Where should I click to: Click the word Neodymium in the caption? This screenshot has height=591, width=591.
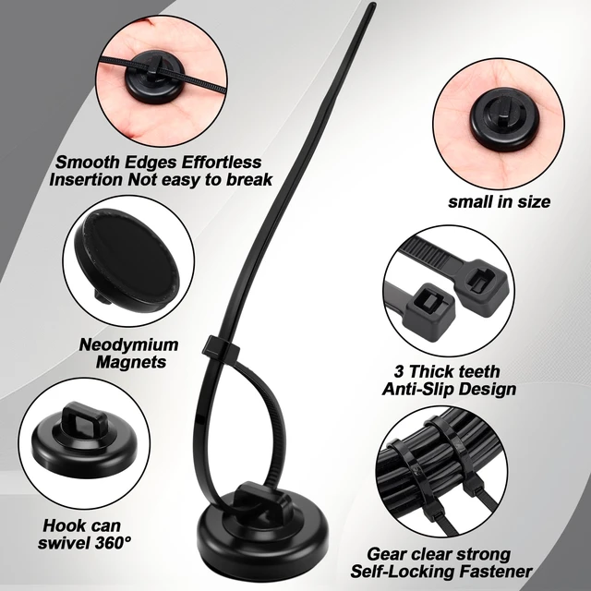(x=128, y=344)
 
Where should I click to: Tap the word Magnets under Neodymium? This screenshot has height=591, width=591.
(x=131, y=362)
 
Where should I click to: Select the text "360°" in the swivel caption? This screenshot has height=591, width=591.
(x=113, y=543)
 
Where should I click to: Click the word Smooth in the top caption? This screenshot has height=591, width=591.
(x=87, y=163)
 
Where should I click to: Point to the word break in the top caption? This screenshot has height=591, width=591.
(x=249, y=179)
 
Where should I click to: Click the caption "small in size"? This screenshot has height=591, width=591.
(x=499, y=201)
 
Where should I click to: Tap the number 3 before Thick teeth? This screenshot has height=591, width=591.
(x=399, y=371)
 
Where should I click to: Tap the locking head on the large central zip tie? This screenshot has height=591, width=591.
(x=222, y=347)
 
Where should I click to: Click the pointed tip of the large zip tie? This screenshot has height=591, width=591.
(x=373, y=4)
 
